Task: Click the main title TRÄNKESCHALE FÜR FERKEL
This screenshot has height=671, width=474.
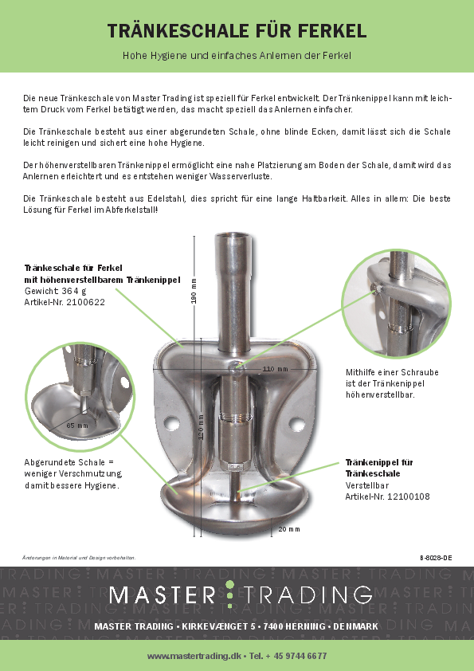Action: click(x=237, y=31)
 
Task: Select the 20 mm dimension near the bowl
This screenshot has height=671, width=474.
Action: click(x=289, y=528)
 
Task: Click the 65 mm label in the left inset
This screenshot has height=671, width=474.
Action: click(x=77, y=426)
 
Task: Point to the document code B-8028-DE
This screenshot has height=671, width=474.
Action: click(x=435, y=556)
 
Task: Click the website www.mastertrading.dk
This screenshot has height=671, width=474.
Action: click(x=194, y=655)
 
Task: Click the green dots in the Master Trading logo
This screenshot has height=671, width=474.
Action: click(x=229, y=594)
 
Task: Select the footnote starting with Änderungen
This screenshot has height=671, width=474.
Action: click(x=79, y=556)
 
